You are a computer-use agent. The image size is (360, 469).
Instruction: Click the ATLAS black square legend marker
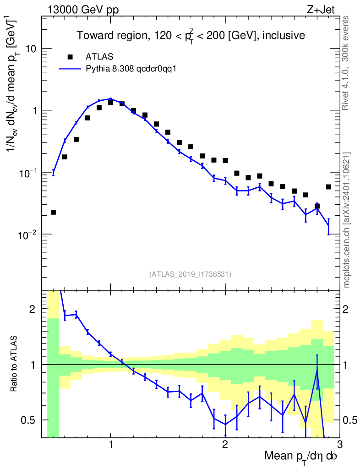70,57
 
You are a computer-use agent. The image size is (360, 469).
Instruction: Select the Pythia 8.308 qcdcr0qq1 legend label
131,69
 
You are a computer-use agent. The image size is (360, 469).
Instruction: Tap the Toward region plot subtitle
191,35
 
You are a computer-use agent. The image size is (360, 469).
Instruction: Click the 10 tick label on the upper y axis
30,49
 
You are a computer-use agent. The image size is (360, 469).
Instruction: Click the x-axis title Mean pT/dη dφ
301,457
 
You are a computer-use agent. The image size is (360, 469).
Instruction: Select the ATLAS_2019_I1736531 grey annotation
190,274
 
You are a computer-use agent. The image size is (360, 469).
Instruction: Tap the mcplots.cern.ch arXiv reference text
347,220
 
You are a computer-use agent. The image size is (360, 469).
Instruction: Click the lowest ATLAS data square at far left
53,212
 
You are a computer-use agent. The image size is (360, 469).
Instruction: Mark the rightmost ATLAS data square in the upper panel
328,186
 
